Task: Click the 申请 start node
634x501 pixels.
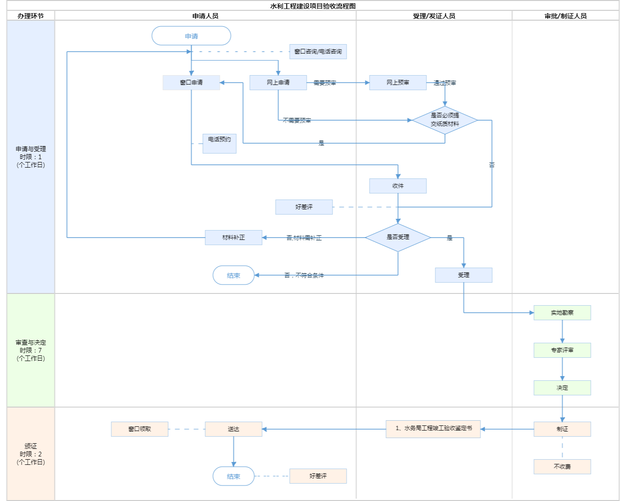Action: tap(191, 36)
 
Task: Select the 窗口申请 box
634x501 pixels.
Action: tap(191, 83)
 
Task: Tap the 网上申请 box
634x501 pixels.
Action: tap(278, 83)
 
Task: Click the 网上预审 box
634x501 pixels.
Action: tap(398, 83)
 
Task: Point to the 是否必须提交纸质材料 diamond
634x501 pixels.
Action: tap(445, 120)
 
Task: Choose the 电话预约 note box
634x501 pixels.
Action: tap(219, 143)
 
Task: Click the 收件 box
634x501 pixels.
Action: tap(398, 186)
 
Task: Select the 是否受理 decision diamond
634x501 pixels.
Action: tap(398, 238)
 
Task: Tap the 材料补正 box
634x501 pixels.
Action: tap(233, 238)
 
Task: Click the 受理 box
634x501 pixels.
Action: tap(464, 275)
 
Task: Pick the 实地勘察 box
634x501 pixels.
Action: tap(562, 313)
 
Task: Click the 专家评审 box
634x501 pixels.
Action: tap(562, 350)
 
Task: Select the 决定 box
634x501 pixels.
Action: tap(562, 388)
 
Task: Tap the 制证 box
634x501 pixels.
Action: tap(562, 429)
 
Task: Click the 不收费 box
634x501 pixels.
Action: tap(562, 467)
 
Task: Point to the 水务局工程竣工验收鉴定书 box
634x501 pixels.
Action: tap(433, 429)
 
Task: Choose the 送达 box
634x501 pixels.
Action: tap(233, 429)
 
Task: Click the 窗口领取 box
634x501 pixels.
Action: tap(139, 429)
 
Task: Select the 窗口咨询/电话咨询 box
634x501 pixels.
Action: tap(318, 52)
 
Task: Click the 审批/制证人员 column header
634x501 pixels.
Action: tap(565, 16)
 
